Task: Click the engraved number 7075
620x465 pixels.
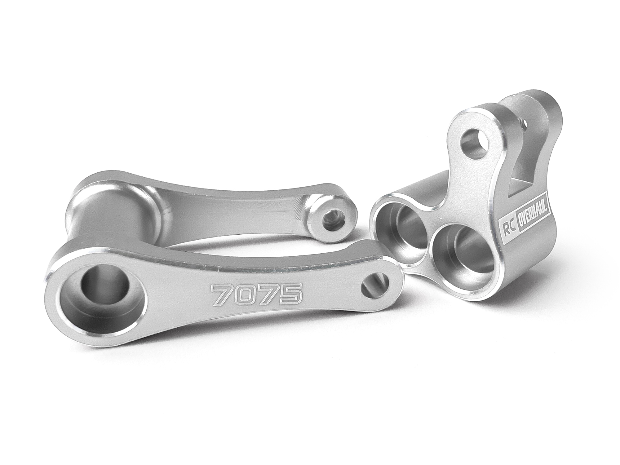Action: click(256, 294)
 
